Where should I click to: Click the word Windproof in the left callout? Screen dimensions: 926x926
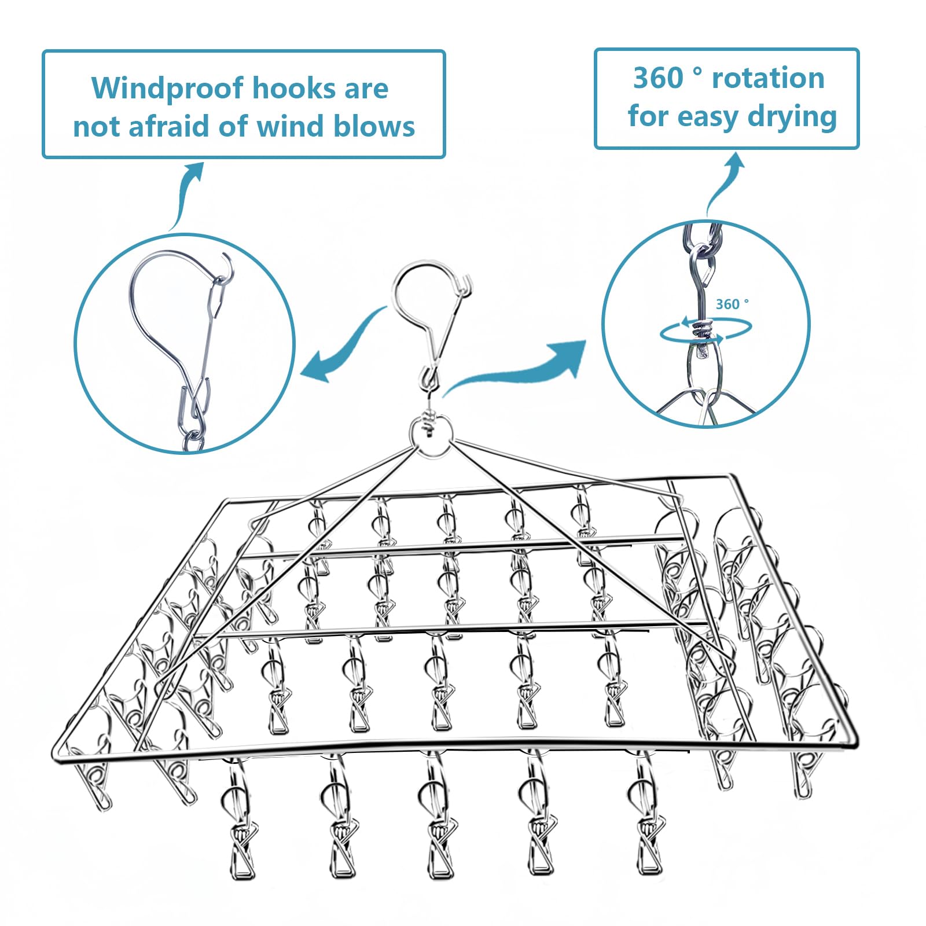click(x=168, y=89)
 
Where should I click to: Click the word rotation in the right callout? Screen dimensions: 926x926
click(x=768, y=78)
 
